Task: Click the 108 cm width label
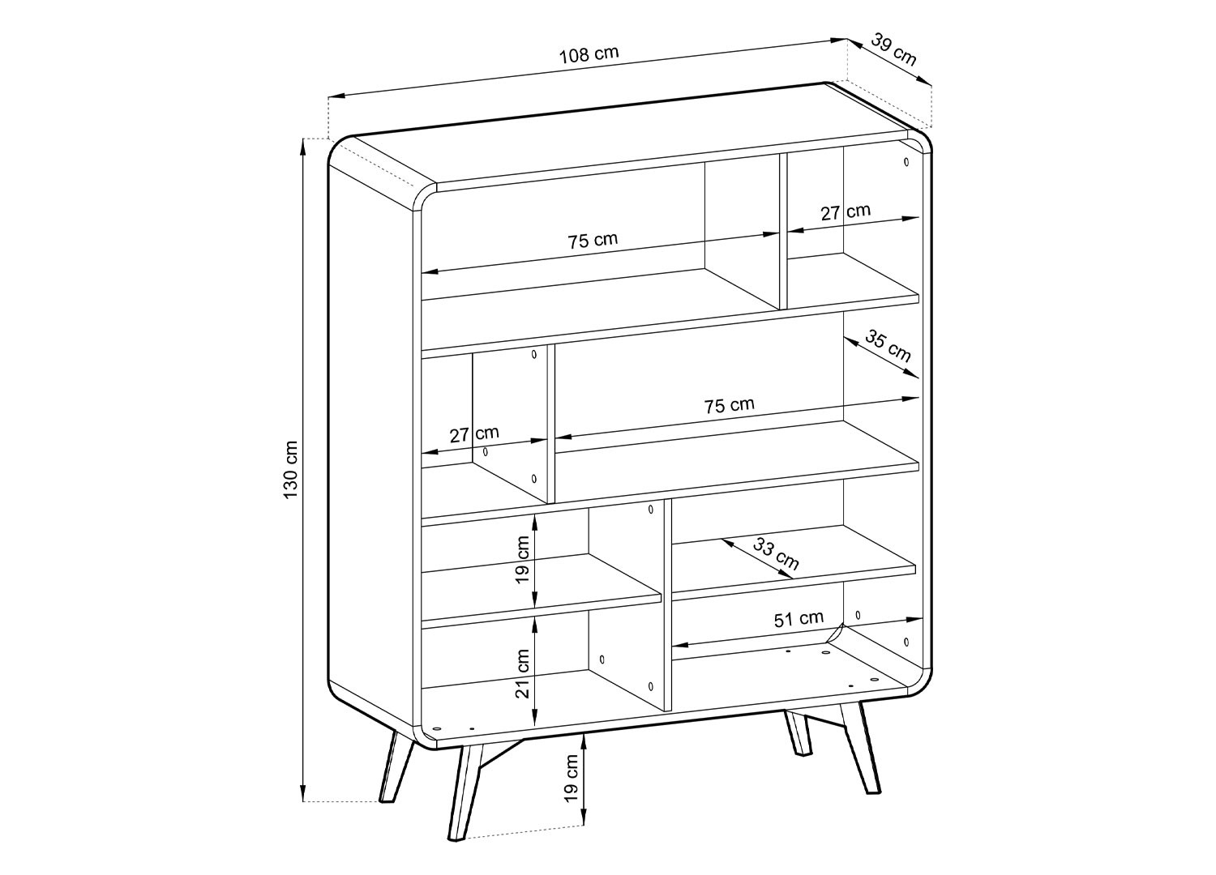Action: [x=589, y=54]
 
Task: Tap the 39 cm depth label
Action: [x=894, y=49]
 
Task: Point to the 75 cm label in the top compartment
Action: [x=593, y=241]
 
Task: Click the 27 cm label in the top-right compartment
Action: [x=846, y=211]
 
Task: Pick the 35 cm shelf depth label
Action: [x=888, y=346]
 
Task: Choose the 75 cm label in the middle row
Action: [x=729, y=405]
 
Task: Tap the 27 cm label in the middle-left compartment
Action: [x=474, y=434]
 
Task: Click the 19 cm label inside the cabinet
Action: [x=522, y=560]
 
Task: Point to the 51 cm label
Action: [x=799, y=619]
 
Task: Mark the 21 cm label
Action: [x=522, y=673]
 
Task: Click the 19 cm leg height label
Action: [x=571, y=779]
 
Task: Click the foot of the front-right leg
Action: [x=872, y=791]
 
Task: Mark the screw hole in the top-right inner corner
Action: [x=906, y=162]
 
